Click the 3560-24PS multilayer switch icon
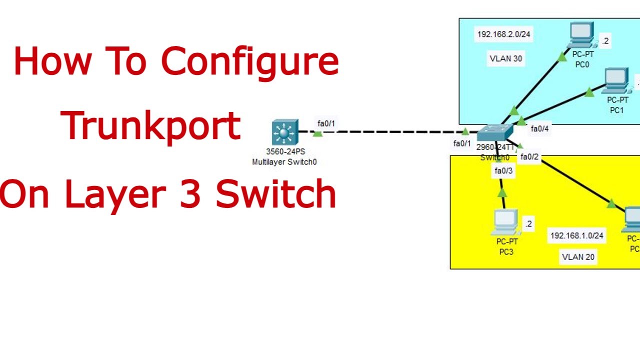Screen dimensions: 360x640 click(x=285, y=132)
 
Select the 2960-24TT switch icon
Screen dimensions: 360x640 click(x=494, y=133)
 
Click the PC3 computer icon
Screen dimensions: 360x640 click(x=505, y=222)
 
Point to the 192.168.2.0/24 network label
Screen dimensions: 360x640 click(x=503, y=34)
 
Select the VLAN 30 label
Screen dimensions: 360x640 click(x=505, y=58)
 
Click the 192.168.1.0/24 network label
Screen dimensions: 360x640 click(x=576, y=235)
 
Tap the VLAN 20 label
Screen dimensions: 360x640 click(x=578, y=257)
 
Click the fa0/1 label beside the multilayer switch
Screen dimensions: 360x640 click(x=326, y=123)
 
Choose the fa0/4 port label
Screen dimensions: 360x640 click(x=539, y=129)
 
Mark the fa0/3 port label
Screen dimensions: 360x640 click(x=503, y=171)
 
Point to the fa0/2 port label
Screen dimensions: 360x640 click(x=529, y=157)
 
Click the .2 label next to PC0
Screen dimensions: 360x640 click(x=605, y=41)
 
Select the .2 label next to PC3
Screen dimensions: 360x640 click(x=528, y=224)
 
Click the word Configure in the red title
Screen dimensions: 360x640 click(x=249, y=61)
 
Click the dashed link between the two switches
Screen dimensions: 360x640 click(x=390, y=132)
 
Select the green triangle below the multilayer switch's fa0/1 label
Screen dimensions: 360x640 click(x=317, y=133)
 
